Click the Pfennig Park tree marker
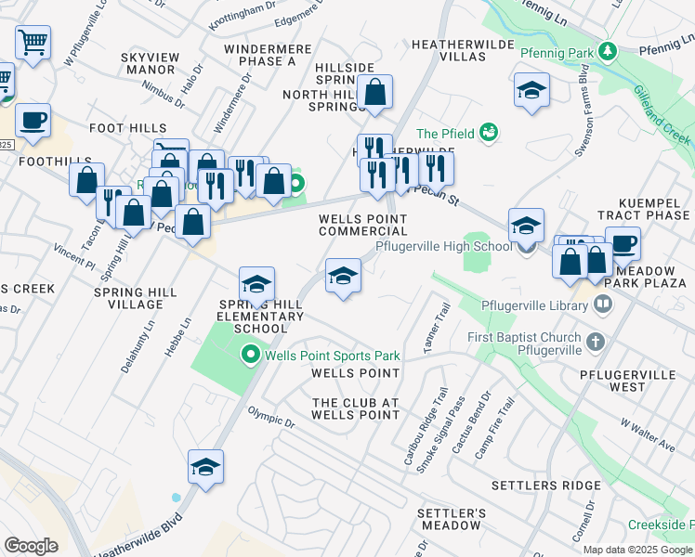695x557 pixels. tap(607, 49)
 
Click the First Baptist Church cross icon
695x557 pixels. tap(596, 343)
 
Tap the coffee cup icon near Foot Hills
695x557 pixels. tap(33, 121)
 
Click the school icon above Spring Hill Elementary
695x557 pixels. tap(256, 283)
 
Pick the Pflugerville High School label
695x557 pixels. tap(443, 246)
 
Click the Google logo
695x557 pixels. tap(31, 545)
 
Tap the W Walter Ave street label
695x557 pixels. tap(648, 435)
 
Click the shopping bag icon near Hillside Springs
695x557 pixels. tap(375, 93)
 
